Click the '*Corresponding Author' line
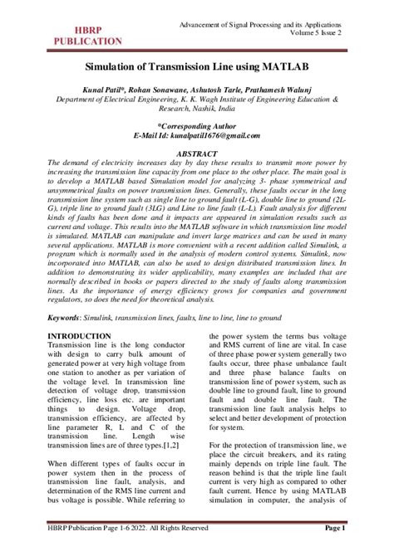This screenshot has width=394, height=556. click(x=196, y=124)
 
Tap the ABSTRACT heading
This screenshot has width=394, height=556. click(x=196, y=154)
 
